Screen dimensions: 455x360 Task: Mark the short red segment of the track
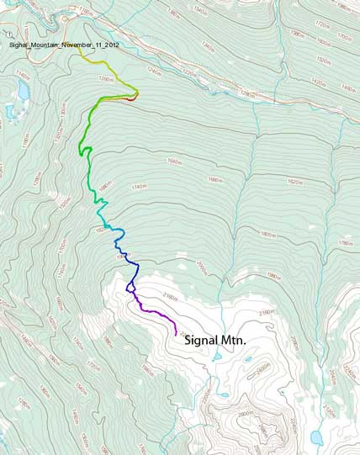129,98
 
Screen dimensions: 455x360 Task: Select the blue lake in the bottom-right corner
315,438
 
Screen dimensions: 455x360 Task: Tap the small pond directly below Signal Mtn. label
217,357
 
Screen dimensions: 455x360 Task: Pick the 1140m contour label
22,75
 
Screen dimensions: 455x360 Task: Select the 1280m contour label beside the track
106,79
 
